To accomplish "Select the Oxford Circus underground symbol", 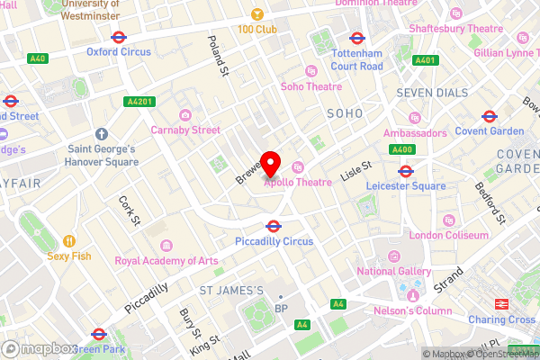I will click(x=117, y=37).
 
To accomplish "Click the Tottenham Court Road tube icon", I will click(x=356, y=39).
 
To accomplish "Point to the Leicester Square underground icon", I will click(x=405, y=170).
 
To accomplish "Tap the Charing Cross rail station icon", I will click(x=500, y=304).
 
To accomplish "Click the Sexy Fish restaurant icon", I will click(x=68, y=241).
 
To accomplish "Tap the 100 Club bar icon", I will click(x=256, y=15).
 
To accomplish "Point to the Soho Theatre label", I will click(x=311, y=86).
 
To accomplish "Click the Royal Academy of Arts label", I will click(x=166, y=261).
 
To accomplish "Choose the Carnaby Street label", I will click(x=186, y=130).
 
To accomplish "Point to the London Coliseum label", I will click(x=448, y=234).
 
